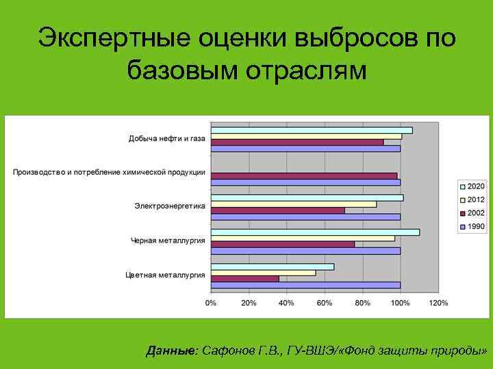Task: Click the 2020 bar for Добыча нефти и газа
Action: [x=312, y=130]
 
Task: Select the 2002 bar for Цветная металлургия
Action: [x=245, y=279]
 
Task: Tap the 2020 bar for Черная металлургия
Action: [x=315, y=232]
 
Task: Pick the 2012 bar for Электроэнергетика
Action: [x=293, y=204]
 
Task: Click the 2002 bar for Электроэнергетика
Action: [x=277, y=210]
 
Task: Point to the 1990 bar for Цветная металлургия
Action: [x=305, y=285]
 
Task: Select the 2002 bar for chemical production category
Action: [x=303, y=176]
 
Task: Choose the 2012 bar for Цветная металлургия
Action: [x=263, y=273]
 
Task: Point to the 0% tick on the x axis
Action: [x=211, y=302]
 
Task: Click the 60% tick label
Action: [x=325, y=302]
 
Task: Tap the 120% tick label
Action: [x=438, y=302]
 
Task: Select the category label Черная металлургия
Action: [x=168, y=241]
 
